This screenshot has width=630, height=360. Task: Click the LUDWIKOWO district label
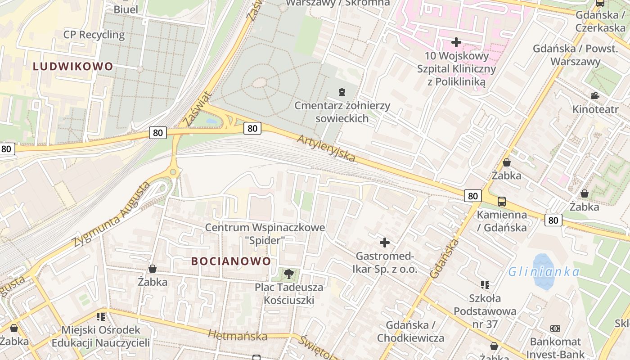(x=73, y=67)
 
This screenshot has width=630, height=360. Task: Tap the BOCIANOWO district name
(x=231, y=261)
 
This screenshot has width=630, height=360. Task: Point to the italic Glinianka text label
(x=544, y=272)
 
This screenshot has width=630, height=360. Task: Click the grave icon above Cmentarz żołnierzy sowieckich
(x=342, y=92)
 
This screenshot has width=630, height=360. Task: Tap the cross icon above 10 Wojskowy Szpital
(x=456, y=42)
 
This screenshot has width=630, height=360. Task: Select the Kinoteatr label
(x=595, y=109)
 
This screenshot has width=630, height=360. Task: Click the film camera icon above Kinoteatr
(x=595, y=95)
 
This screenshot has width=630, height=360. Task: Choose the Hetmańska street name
(x=237, y=335)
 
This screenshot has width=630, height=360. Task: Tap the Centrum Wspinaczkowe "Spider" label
(x=265, y=234)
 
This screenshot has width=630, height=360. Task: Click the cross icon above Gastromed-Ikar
(x=385, y=243)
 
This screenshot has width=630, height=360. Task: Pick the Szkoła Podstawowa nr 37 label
(x=485, y=311)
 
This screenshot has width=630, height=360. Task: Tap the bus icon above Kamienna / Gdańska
(x=501, y=201)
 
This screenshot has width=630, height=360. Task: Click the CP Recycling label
(x=94, y=35)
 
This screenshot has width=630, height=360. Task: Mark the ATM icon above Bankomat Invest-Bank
(x=555, y=328)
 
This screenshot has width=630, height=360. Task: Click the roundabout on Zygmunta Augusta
(x=173, y=172)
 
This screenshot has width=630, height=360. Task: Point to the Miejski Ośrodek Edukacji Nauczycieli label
(x=100, y=336)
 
